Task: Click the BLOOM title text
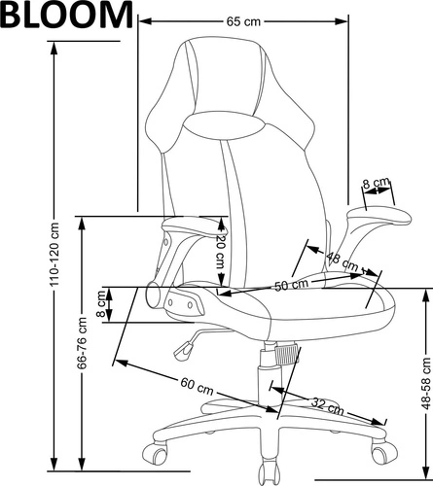pyautogui.click(x=66, y=15)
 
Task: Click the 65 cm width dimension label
pyautogui.click(x=243, y=20)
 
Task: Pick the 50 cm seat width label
pyautogui.click(x=290, y=285)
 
